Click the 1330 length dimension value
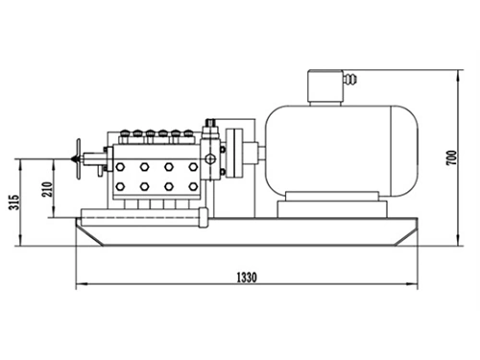click(247, 277)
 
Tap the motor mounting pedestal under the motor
click(331, 204)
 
